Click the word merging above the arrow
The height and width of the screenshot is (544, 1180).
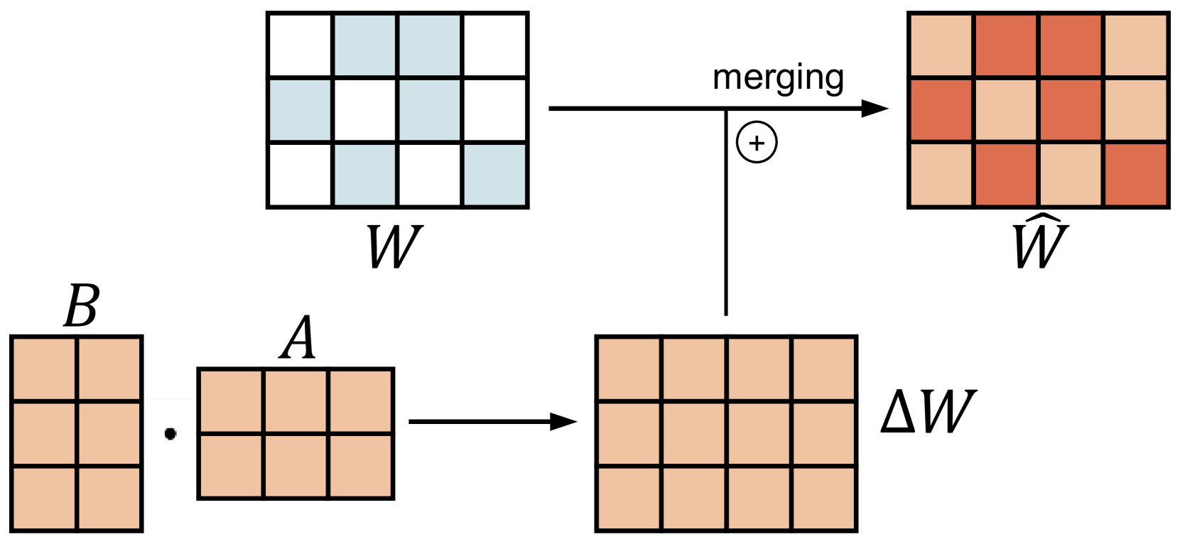coord(778,77)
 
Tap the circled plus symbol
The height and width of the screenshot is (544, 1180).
coord(757,143)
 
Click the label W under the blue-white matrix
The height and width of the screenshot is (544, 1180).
coord(394,246)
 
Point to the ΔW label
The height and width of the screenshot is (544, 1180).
coord(928,412)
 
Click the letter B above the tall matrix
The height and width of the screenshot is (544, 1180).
coord(82,306)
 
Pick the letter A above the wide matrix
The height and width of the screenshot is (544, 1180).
coord(298,338)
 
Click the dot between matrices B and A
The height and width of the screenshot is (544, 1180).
coord(170,433)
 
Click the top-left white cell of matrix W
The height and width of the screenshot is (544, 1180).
coord(300,44)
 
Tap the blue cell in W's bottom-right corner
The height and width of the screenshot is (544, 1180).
coord(495,175)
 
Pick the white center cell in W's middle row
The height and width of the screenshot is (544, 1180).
coord(365,110)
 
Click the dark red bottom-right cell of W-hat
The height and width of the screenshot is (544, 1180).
coord(1136,175)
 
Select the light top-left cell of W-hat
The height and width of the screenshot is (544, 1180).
coord(941,44)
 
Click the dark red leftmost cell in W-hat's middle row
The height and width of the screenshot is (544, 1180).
coord(941,110)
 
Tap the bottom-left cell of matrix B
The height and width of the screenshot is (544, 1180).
coord(44,498)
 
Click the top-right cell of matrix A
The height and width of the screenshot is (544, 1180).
coord(361,401)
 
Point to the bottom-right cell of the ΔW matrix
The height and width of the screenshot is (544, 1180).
coord(824,498)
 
